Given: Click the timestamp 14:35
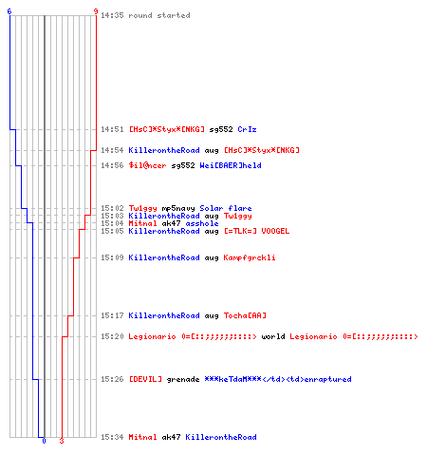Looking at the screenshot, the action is (112, 15).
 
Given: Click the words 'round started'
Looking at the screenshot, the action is (159, 15).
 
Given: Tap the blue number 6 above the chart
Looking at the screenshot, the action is (9, 11).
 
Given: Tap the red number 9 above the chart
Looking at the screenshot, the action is (96, 11).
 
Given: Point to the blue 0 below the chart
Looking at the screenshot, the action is (44, 441).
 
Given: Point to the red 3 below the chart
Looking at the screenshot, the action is (62, 441).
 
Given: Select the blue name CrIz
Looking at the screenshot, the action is (247, 129).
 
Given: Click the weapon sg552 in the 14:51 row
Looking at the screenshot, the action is (221, 129).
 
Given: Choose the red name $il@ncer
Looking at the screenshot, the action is (147, 165).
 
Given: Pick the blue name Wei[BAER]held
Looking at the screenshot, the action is (231, 165).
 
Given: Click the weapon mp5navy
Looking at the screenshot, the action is (178, 208).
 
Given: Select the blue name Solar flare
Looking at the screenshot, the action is (226, 208).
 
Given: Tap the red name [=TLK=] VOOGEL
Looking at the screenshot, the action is (256, 231).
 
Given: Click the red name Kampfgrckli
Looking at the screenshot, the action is (250, 257).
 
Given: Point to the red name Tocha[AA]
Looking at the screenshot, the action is (245, 315).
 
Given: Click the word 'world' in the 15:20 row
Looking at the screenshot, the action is (273, 336).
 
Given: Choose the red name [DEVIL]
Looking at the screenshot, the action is (145, 379).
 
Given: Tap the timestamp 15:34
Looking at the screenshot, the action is (112, 437).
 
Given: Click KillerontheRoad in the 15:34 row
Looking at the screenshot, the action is (221, 437).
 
